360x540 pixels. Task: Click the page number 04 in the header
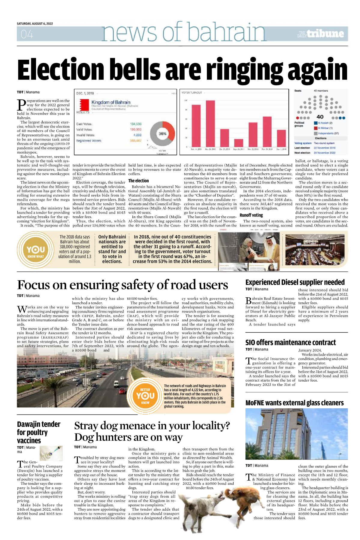(x=27, y=34)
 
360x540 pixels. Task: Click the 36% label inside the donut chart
(x=162, y=133)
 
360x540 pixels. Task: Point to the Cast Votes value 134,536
(x=136, y=124)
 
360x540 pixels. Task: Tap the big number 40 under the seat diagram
(x=320, y=117)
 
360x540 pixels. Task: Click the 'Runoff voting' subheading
(x=251, y=215)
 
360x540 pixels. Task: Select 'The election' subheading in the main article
(x=138, y=181)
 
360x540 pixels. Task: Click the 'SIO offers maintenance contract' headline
(x=290, y=343)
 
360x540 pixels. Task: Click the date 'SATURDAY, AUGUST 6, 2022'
(x=35, y=24)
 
